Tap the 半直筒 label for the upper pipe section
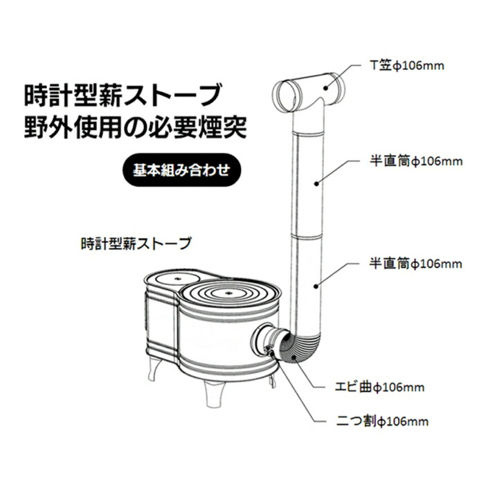[413, 161]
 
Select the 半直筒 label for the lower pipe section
[413, 264]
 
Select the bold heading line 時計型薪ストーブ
[123, 93]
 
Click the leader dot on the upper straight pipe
[316, 183]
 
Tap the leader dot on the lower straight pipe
[316, 284]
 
